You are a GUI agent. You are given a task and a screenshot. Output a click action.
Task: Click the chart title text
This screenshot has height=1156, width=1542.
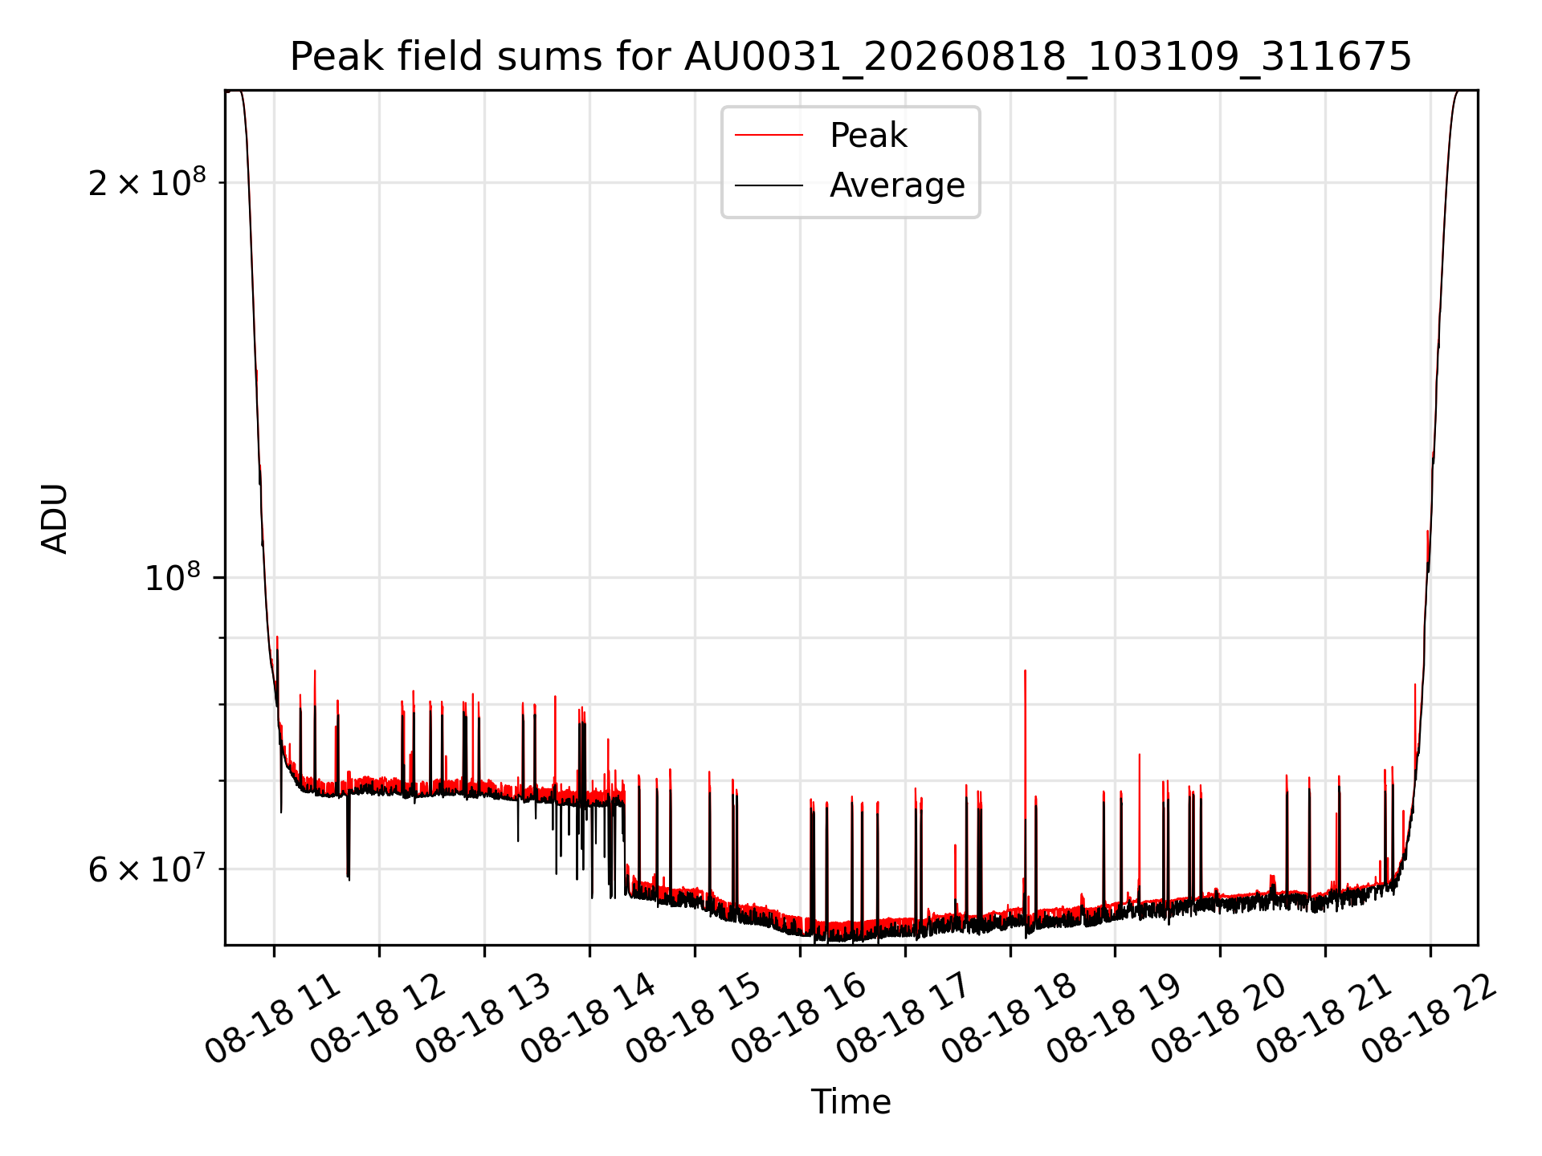click(851, 57)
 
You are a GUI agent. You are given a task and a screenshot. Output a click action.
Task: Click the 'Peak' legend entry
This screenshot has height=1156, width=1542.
click(868, 136)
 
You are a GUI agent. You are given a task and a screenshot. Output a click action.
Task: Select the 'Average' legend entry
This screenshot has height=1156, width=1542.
click(897, 185)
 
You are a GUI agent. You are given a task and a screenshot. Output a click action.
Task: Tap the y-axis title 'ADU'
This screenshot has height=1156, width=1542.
click(55, 518)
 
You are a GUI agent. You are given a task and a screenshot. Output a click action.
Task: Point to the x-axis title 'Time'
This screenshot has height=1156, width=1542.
click(851, 1102)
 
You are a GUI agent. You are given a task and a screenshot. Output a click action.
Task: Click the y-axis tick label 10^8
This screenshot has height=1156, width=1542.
click(173, 577)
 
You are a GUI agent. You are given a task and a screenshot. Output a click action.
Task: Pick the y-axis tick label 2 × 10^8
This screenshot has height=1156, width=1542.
click(147, 183)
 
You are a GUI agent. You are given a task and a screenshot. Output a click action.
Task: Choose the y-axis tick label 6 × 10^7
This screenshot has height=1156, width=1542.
click(147, 869)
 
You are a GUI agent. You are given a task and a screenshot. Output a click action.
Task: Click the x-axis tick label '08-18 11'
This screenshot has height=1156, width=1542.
click(273, 1020)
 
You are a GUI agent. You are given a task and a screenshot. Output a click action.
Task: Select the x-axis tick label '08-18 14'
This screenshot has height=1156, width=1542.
click(589, 1020)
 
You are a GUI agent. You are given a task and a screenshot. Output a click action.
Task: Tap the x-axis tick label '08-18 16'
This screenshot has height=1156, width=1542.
click(799, 1020)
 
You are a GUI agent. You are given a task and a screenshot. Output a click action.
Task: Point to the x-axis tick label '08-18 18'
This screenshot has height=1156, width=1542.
click(1010, 1020)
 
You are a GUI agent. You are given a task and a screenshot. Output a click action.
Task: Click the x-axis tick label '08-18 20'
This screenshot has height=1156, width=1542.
click(1219, 1020)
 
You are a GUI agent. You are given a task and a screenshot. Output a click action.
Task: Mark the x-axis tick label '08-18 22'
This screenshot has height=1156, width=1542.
click(1430, 1020)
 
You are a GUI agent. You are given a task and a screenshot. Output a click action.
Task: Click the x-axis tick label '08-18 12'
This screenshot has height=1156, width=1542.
click(378, 1020)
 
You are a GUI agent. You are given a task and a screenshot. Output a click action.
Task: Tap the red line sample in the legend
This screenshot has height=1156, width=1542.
click(769, 136)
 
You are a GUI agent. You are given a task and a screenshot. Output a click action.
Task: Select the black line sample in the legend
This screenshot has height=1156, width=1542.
click(769, 185)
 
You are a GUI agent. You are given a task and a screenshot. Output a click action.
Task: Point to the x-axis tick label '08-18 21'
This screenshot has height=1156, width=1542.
click(1324, 1020)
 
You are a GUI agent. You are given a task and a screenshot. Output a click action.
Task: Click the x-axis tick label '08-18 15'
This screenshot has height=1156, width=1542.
click(694, 1020)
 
